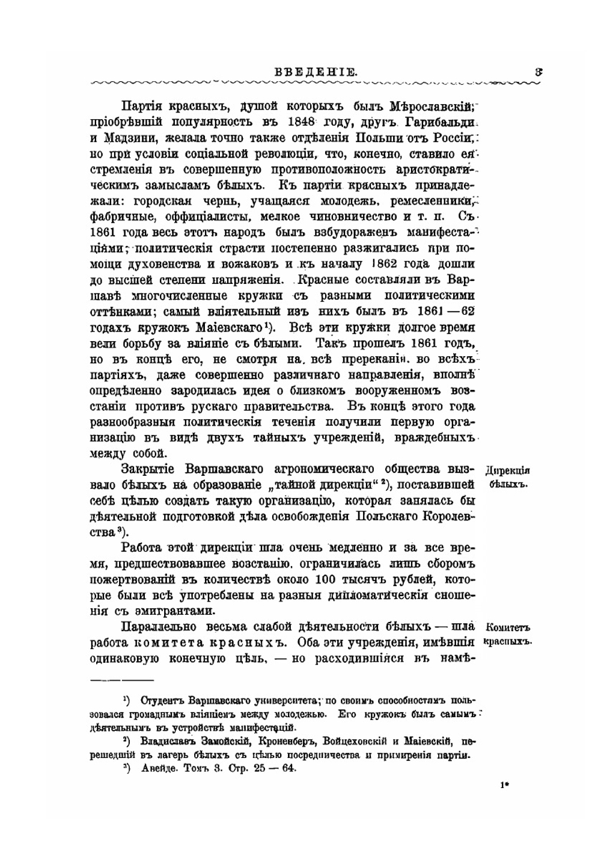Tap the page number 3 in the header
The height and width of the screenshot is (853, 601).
pos(539,72)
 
